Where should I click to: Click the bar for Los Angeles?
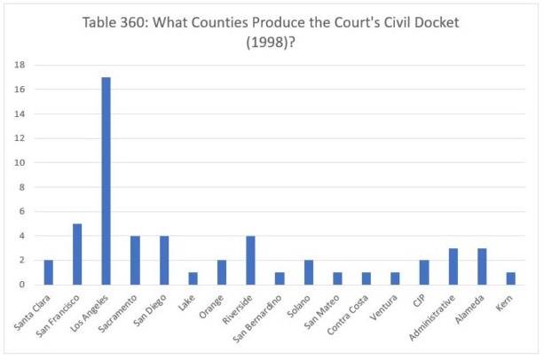pyautogui.click(x=106, y=181)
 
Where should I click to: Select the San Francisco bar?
pyautogui.click(x=77, y=254)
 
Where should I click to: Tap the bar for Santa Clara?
pyautogui.click(x=48, y=272)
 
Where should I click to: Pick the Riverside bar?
pyautogui.click(x=250, y=260)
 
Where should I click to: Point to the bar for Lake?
pyautogui.click(x=193, y=278)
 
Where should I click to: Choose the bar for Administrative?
pyautogui.click(x=453, y=266)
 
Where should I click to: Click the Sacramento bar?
pyautogui.click(x=135, y=260)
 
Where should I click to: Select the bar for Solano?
pyautogui.click(x=308, y=272)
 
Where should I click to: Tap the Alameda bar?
pyautogui.click(x=482, y=266)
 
